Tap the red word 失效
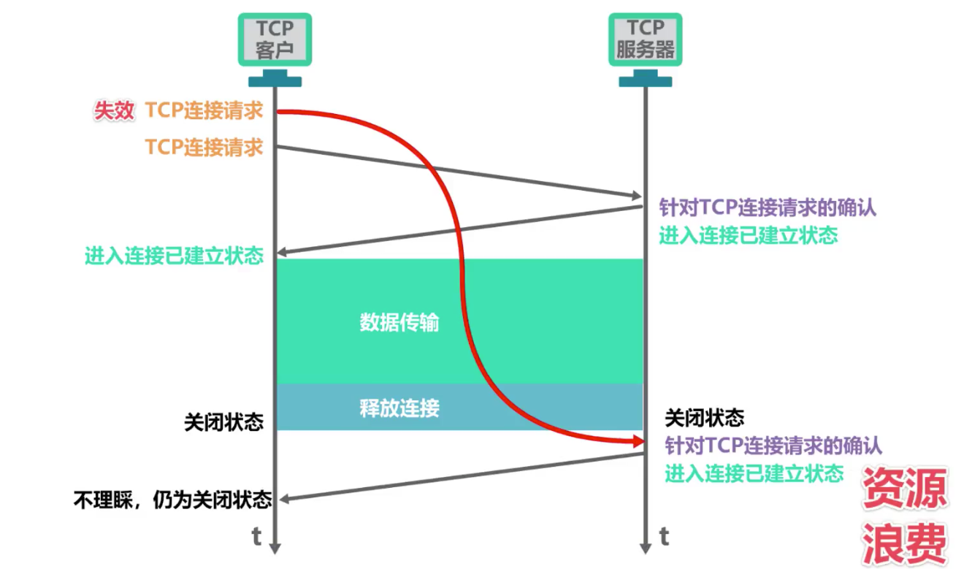coord(114,110)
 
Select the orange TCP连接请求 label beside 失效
coord(204,110)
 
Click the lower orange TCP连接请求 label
coord(204,147)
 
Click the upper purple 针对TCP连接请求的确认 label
coord(768,207)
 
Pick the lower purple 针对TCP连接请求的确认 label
coord(773,446)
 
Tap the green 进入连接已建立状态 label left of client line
coord(174,256)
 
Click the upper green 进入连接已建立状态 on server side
coord(749,235)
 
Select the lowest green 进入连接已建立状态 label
coord(754,473)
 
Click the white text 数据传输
coord(399,322)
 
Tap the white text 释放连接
coord(399,408)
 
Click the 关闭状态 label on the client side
coord(224,422)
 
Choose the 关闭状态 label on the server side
coord(705,418)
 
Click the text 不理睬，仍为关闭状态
coord(172,500)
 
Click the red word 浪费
coord(904,543)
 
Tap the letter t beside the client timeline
coord(256,536)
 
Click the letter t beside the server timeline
coord(665,536)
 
